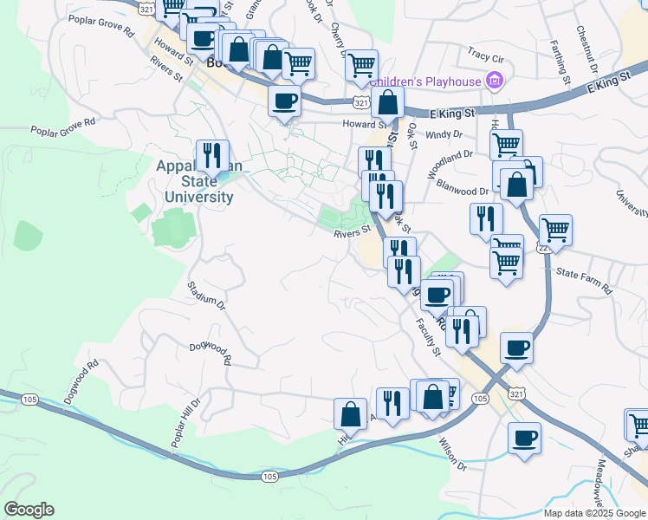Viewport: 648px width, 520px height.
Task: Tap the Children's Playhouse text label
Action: click(x=425, y=82)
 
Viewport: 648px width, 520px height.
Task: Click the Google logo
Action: click(x=29, y=510)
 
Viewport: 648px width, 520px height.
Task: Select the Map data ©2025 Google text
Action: click(x=593, y=513)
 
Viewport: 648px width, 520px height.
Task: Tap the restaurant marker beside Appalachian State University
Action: click(x=212, y=156)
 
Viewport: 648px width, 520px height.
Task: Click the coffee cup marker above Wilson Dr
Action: click(x=523, y=436)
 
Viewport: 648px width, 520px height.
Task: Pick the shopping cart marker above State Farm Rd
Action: click(x=507, y=262)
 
